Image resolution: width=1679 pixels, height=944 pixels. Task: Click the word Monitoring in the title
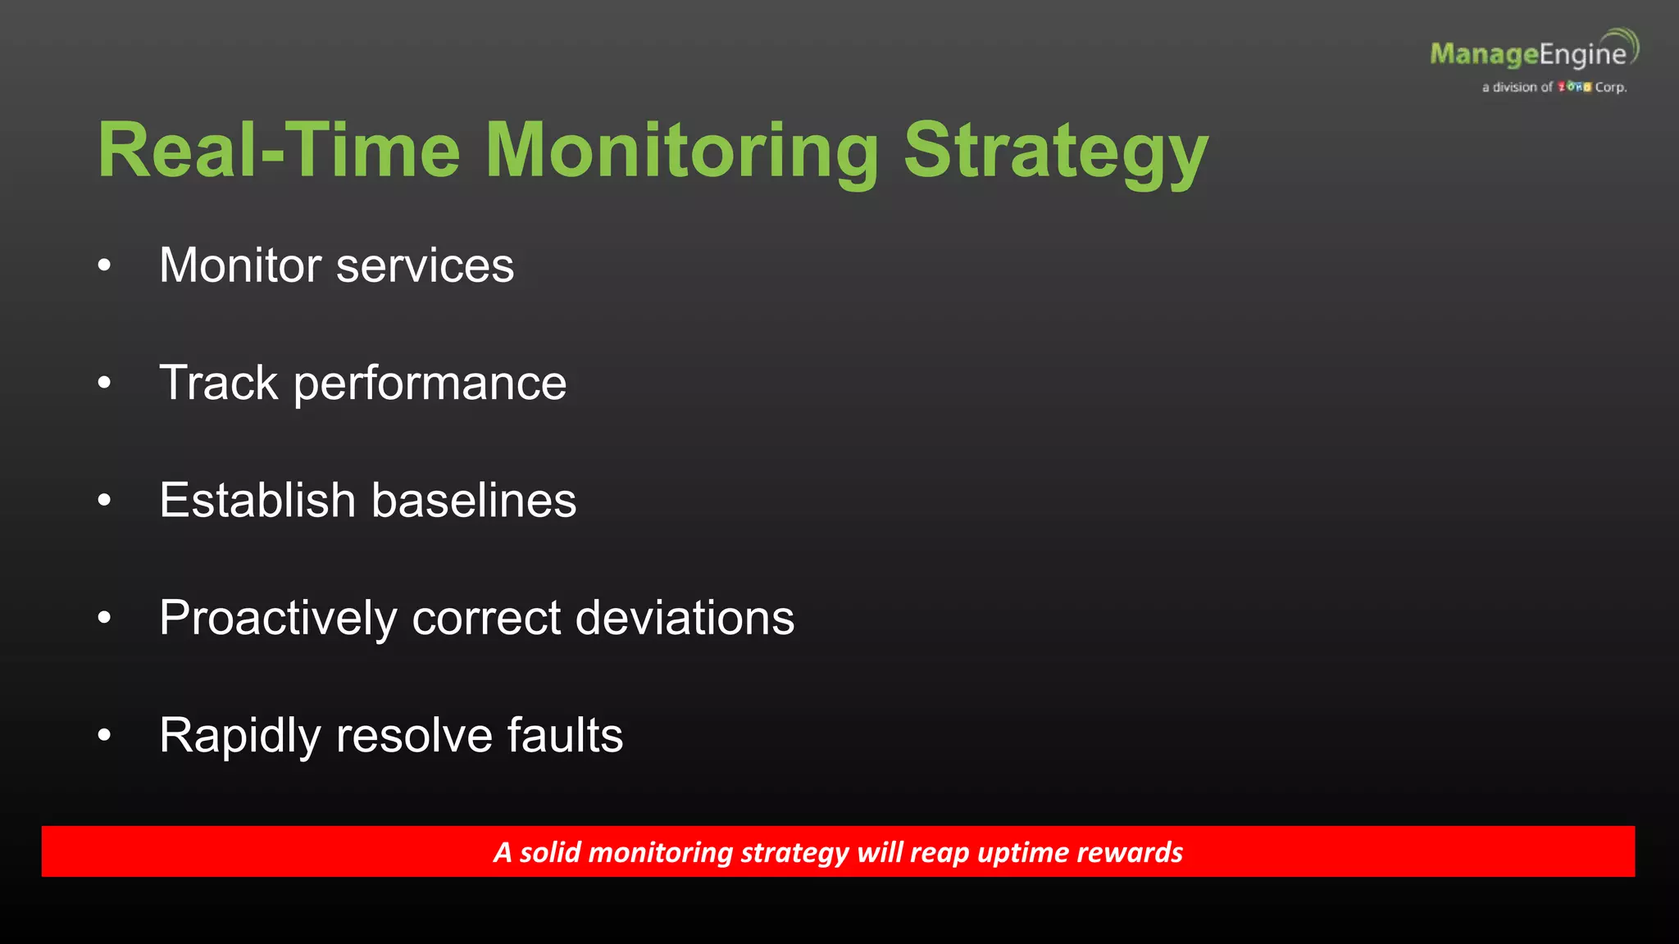tap(682, 151)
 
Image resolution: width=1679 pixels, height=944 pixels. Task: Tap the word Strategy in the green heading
tap(1056, 151)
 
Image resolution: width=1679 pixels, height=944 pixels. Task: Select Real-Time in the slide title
tap(279, 151)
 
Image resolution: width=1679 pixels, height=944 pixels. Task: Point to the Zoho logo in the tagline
tap(1574, 87)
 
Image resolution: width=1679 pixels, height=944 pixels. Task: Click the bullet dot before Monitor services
tap(104, 265)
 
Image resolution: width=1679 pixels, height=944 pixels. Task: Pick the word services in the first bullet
tap(425, 265)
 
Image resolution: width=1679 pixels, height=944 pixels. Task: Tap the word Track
tap(219, 383)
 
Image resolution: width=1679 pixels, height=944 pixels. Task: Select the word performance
tap(430, 383)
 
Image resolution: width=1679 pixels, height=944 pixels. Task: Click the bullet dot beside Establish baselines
tap(104, 500)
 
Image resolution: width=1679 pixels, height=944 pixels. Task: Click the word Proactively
tap(278, 618)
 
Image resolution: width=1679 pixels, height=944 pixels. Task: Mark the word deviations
tap(685, 618)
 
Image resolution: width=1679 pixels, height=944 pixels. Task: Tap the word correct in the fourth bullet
tap(486, 618)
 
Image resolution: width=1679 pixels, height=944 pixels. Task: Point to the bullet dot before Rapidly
tap(104, 735)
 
